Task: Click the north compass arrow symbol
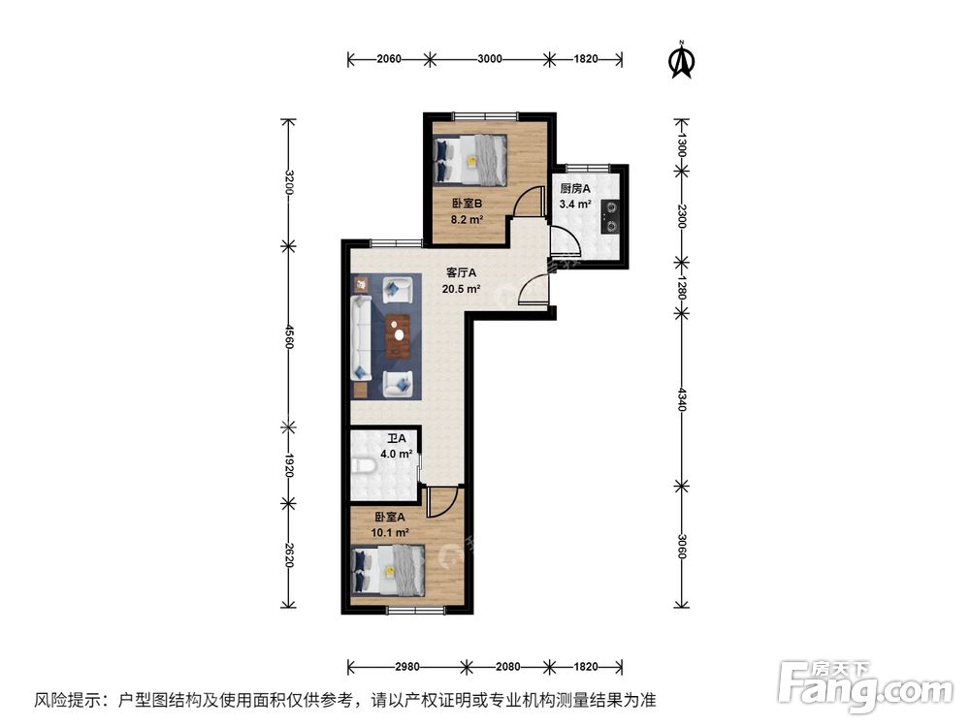click(x=683, y=60)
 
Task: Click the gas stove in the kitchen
click(x=611, y=216)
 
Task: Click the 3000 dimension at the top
click(x=489, y=59)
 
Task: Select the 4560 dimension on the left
click(x=288, y=334)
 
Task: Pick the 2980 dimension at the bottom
click(x=406, y=667)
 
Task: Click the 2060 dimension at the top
click(x=388, y=59)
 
